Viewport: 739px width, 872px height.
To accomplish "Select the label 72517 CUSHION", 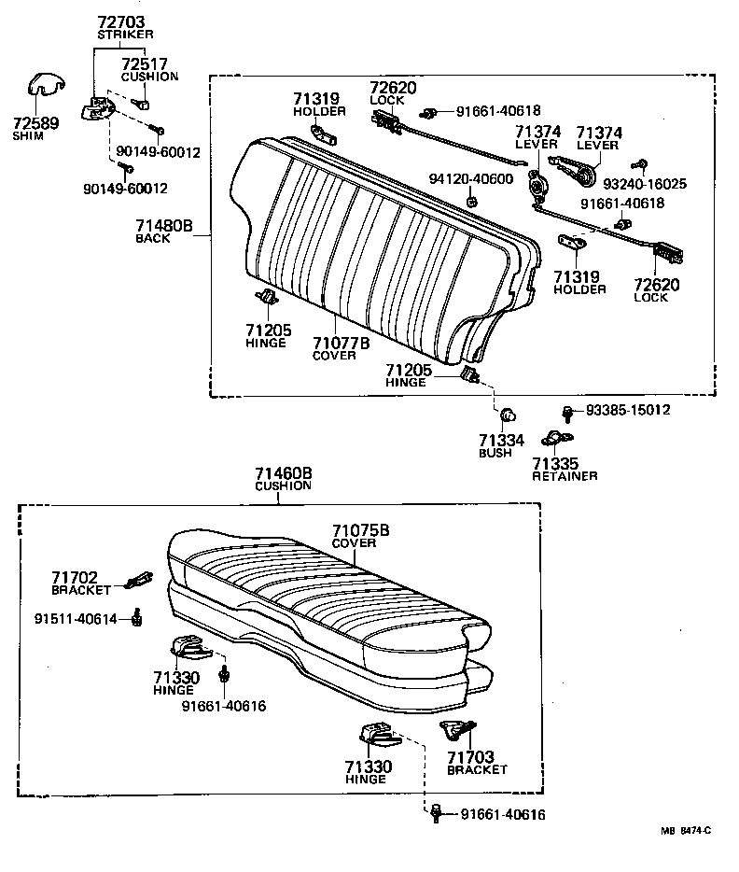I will coord(148,69).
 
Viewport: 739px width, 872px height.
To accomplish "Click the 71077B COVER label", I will coord(341,348).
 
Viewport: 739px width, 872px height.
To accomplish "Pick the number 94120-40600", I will coord(471,179).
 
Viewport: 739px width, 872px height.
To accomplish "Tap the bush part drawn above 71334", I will coord(509,415).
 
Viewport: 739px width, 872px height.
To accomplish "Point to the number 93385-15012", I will coord(628,410).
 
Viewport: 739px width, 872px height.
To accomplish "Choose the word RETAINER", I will coord(565,475).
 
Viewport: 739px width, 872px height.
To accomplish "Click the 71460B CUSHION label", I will coord(283,479).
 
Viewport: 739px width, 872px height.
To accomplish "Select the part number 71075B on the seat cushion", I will coord(360,531).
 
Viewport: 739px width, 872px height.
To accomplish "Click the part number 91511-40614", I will coord(79,618).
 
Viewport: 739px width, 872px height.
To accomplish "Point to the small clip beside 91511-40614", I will coord(138,616).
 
